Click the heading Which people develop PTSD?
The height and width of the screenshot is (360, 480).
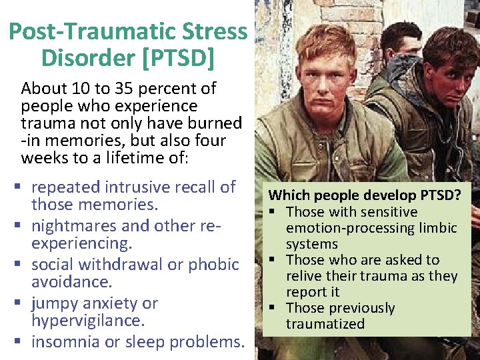[365, 196]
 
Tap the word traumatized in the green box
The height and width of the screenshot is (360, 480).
[325, 324]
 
